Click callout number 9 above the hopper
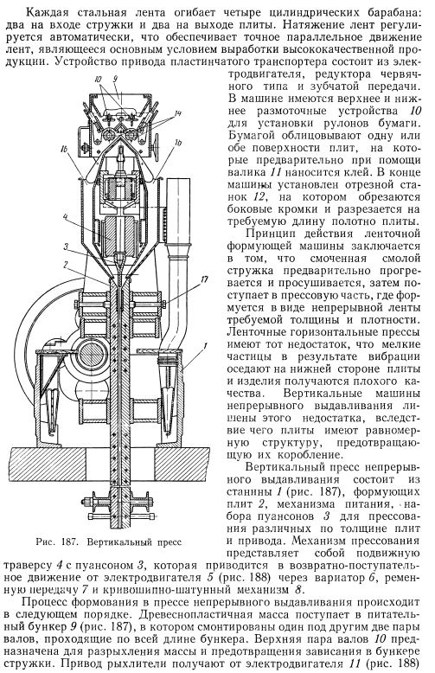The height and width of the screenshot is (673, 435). (115, 80)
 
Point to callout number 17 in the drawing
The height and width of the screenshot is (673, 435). (204, 279)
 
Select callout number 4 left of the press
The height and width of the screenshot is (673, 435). (64, 217)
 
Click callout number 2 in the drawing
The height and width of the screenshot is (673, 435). (64, 265)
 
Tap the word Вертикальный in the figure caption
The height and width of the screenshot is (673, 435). (118, 542)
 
